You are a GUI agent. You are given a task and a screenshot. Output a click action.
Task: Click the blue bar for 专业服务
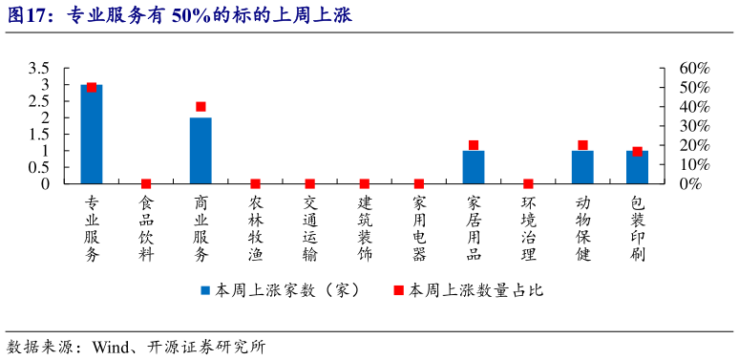pyautogui.click(x=92, y=134)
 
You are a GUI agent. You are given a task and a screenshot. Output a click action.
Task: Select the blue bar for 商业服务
pyautogui.click(x=201, y=150)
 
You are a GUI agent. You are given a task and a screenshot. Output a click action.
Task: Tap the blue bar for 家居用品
pyautogui.click(x=474, y=167)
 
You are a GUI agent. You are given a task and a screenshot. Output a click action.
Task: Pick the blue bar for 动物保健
pyautogui.click(x=582, y=167)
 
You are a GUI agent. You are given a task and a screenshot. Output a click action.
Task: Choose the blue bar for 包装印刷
pyautogui.click(x=637, y=167)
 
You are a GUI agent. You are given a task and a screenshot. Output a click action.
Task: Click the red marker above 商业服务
pyautogui.click(x=201, y=107)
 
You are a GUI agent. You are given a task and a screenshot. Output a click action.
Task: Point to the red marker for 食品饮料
pyautogui.click(x=146, y=183)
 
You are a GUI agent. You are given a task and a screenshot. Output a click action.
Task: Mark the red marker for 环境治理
pyautogui.click(x=528, y=183)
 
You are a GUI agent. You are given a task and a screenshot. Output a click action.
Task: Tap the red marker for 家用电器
pyautogui.click(x=419, y=183)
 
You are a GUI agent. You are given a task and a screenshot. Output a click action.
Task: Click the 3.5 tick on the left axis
pyautogui.click(x=39, y=69)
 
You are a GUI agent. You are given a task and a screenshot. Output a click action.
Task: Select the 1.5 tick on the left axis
pyautogui.click(x=39, y=135)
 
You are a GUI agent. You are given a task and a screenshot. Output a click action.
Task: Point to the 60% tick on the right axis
pyautogui.click(x=694, y=69)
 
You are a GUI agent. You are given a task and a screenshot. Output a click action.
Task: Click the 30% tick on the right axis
pyautogui.click(x=694, y=126)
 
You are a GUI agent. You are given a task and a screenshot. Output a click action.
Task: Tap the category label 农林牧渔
pyautogui.click(x=255, y=229)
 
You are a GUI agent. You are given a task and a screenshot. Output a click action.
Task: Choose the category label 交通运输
pyautogui.click(x=309, y=229)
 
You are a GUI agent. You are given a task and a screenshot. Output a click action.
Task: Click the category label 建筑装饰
pyautogui.click(x=365, y=229)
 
